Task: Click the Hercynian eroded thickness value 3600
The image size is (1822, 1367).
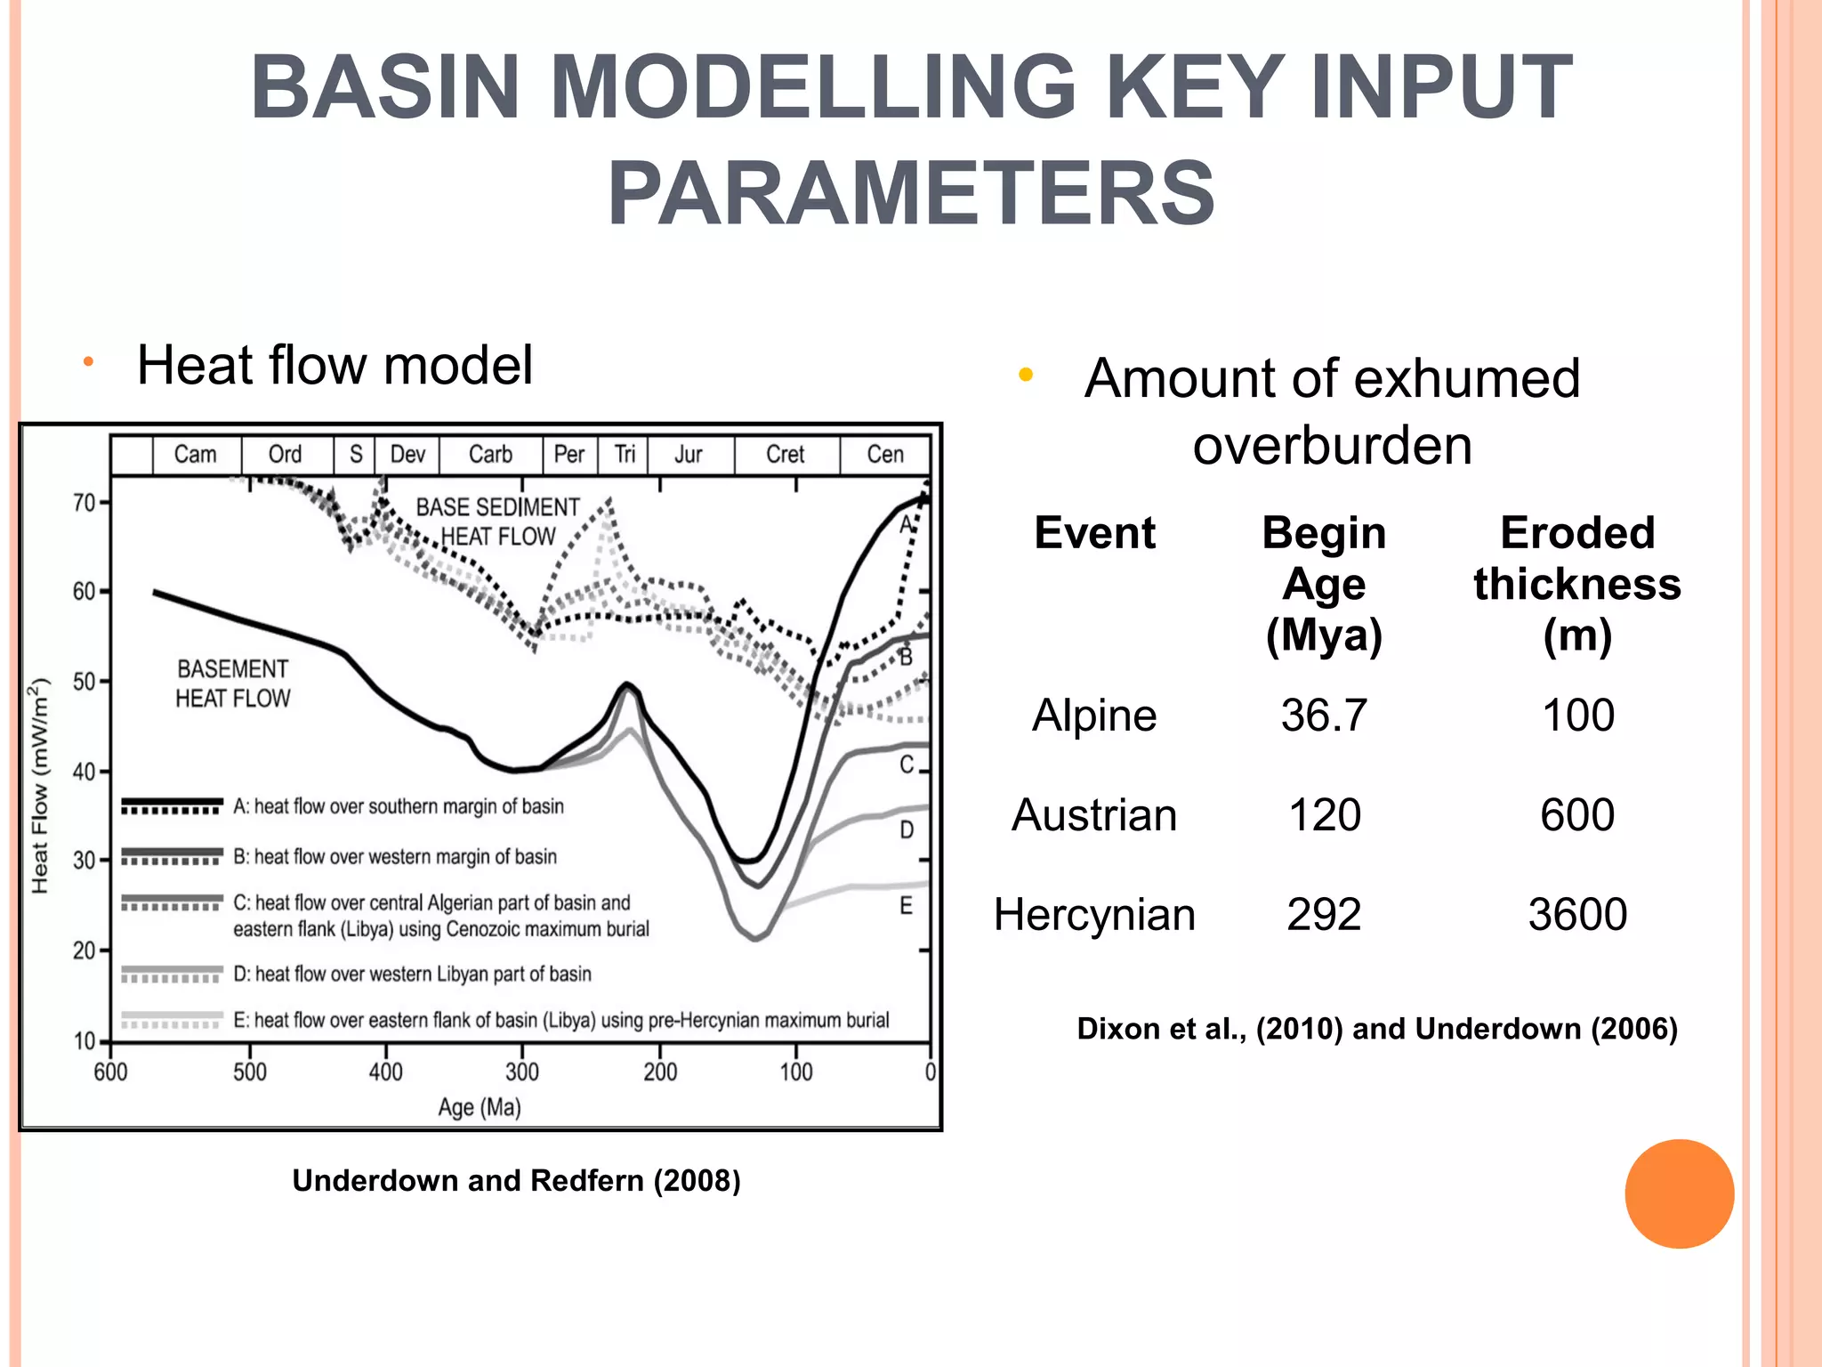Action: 1577,914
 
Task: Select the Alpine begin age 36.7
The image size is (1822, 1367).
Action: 1324,715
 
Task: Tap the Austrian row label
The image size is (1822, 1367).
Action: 1094,814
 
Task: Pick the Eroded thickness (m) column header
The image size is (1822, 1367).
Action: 1577,584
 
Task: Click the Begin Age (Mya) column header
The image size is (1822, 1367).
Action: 1324,584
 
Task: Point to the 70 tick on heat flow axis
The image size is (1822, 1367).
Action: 85,503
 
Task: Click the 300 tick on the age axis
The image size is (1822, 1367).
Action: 522,1072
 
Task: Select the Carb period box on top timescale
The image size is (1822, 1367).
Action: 490,455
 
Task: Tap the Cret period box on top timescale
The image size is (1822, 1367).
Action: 786,455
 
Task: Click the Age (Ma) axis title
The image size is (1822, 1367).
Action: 480,1107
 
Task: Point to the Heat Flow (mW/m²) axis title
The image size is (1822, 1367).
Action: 40,786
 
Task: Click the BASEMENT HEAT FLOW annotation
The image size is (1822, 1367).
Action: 233,683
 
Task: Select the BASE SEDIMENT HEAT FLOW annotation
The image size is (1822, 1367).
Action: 498,522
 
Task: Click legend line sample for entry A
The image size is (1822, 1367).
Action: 172,805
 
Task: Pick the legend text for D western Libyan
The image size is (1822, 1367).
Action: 413,974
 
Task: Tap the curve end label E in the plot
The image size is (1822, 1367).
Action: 906,906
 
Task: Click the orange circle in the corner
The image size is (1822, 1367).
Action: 1679,1193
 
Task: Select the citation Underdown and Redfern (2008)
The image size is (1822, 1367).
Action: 516,1180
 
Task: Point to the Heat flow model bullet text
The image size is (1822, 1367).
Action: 335,365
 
